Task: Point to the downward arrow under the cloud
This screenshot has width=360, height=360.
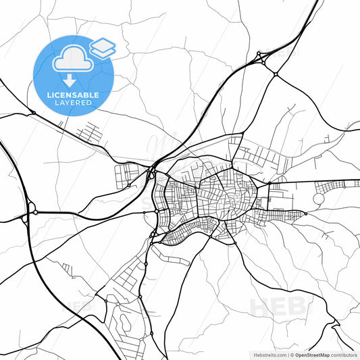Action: coord(70,79)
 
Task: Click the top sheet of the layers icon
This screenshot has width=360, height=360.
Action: coord(103,44)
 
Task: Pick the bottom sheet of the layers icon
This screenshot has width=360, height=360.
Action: coord(103,51)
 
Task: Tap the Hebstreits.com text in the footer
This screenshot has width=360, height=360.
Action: coord(269,354)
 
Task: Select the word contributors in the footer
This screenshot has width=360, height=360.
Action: coord(344,354)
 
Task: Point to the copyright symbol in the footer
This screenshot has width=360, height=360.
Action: coord(292,354)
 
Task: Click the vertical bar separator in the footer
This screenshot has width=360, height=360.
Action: coord(287,354)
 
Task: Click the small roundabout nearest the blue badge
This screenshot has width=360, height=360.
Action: coord(33,113)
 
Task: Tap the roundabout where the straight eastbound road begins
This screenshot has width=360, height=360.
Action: coord(269,183)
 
